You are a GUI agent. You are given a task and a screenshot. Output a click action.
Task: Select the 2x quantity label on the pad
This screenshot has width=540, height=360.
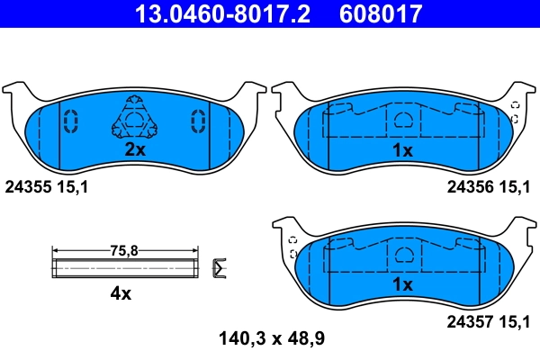tap(134, 150)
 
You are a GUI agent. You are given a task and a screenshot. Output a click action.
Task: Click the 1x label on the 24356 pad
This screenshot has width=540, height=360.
tap(404, 150)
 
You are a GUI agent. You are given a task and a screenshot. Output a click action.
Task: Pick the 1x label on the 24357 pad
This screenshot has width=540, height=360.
tap(404, 284)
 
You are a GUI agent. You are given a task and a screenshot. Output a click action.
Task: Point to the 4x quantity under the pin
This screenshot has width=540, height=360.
tap(121, 293)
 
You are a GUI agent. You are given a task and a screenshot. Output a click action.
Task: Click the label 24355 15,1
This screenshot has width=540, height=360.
tap(46, 187)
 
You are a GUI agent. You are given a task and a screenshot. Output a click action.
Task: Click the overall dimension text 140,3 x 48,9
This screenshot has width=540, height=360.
tap(270, 339)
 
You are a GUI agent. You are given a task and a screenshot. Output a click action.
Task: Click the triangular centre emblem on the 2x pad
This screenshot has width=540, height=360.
tap(134, 120)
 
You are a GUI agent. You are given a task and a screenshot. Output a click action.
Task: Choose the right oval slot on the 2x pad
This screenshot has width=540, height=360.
tap(195, 120)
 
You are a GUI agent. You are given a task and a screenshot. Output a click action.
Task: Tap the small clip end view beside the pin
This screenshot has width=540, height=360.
tap(218, 267)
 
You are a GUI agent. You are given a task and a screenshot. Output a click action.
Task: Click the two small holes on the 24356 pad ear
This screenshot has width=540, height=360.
tap(515, 112)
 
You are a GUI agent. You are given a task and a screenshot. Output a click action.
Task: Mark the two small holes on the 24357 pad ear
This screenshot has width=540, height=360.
tap(292, 247)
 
